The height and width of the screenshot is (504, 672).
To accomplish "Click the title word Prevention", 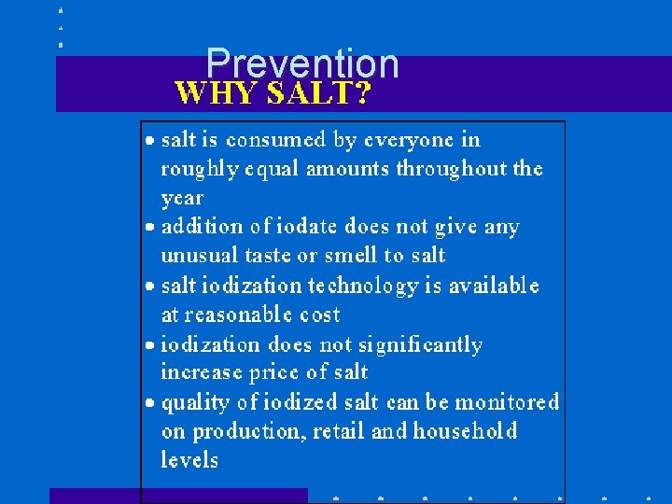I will pyautogui.click(x=302, y=63).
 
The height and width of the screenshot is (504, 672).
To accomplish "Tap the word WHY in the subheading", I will pyautogui.click(x=217, y=93).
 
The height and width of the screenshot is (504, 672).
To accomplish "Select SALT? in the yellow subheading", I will pyautogui.click(x=319, y=93).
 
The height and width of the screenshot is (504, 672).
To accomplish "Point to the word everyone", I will pyautogui.click(x=409, y=140).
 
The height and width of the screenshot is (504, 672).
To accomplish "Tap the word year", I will pyautogui.click(x=182, y=199).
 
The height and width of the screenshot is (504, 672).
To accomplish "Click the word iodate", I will pyautogui.click(x=305, y=227).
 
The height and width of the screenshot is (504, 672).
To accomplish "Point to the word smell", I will pyautogui.click(x=347, y=256).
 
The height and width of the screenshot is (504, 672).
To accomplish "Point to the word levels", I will pyautogui.click(x=189, y=460).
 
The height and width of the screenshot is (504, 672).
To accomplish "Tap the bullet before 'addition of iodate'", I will pyautogui.click(x=151, y=228).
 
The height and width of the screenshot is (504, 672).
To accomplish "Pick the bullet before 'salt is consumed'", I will pyautogui.click(x=151, y=141).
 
